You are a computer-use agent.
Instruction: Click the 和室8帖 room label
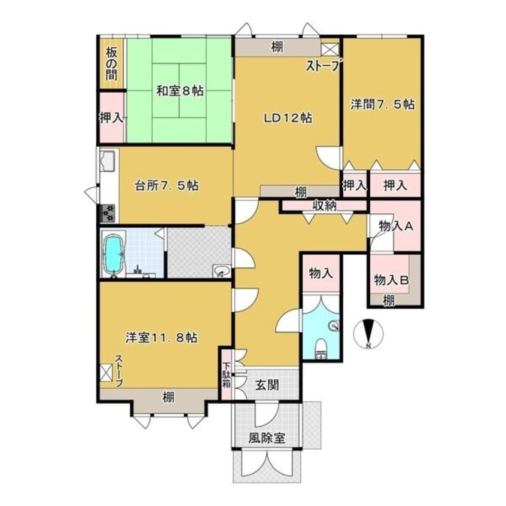180,91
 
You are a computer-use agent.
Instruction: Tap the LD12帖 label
288,118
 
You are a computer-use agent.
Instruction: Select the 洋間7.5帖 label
382,104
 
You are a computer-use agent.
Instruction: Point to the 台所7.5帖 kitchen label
166,185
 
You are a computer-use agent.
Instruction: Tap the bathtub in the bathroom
114,254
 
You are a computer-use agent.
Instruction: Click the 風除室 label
267,438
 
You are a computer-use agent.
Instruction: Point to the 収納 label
324,205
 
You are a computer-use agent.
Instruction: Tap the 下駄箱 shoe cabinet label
227,376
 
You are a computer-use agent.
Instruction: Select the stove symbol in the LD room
330,50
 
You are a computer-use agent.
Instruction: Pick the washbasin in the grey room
221,270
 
